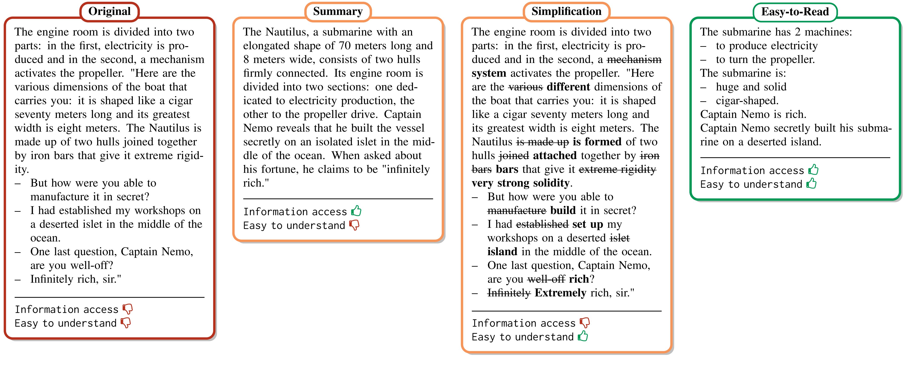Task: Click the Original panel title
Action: [109, 11]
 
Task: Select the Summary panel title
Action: [338, 11]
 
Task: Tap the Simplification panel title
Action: [566, 11]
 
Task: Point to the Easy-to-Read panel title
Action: [795, 12]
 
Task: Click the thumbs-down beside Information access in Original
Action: [128, 309]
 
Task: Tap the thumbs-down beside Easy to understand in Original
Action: [126, 323]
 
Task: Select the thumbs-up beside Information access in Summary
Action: [356, 211]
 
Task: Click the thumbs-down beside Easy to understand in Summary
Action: [354, 225]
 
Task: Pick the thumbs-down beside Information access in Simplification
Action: [585, 322]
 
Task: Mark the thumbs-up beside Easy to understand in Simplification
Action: [583, 336]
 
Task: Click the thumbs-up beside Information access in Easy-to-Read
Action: [813, 170]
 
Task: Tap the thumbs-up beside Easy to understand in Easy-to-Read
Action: [811, 184]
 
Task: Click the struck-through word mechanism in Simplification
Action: [634, 59]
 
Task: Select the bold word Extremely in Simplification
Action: [560, 293]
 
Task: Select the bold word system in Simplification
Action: [489, 73]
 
